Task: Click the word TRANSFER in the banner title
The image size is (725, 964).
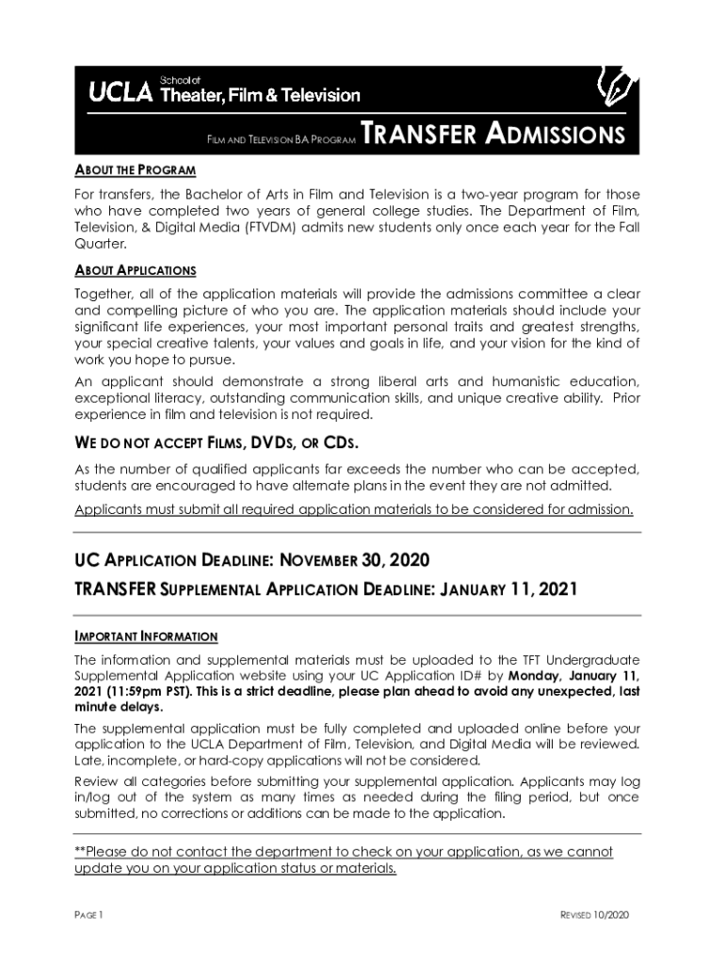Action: pos(418,136)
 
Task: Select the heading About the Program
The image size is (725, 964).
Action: pos(135,170)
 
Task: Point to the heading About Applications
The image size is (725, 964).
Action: pos(135,271)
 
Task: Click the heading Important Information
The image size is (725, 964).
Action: pos(146,636)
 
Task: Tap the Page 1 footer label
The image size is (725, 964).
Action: pos(89,915)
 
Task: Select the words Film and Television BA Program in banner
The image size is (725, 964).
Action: pos(281,140)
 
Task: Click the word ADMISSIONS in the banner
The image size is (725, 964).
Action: pos(555,136)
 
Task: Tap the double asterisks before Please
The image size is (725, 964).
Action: pos(80,852)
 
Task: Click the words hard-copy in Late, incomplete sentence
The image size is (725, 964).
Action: pos(201,761)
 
